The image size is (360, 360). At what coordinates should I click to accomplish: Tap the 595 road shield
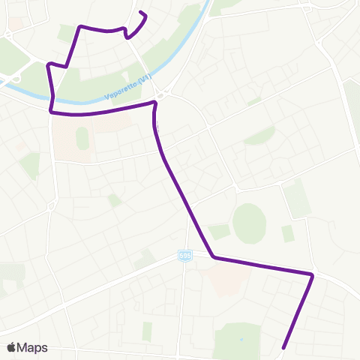point(184,256)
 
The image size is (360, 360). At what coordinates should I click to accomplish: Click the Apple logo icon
point(11,347)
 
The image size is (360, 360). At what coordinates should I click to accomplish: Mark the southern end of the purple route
point(283,347)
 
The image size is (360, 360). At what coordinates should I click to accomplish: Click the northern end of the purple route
point(142,13)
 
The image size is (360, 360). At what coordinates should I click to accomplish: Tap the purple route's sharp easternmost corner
point(311,275)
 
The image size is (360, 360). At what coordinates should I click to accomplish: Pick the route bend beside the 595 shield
point(213,257)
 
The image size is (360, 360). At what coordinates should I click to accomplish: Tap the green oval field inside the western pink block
point(82,139)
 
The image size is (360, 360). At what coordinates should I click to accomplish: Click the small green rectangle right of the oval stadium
point(288,233)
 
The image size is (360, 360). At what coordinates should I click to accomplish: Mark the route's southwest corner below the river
point(52,112)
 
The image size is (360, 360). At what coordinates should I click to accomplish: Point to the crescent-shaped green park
point(260,136)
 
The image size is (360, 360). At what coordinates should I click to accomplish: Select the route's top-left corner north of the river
point(79,27)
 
